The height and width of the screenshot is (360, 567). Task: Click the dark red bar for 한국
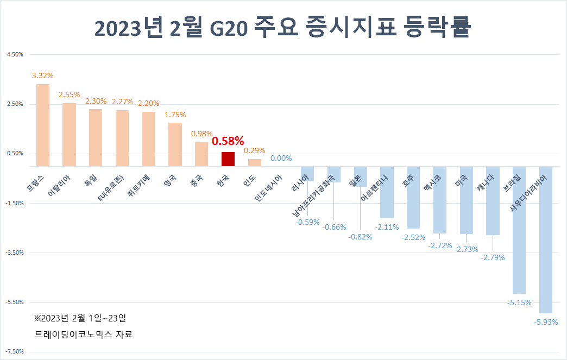click(228, 159)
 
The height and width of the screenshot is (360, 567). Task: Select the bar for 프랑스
click(43, 125)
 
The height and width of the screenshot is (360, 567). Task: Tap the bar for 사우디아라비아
click(546, 239)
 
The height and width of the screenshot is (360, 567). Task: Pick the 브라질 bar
click(519, 230)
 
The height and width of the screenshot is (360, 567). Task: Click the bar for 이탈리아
click(69, 135)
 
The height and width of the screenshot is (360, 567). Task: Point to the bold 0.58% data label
click(228, 141)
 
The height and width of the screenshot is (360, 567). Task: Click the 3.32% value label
click(43, 75)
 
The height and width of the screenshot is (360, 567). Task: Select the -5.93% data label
click(546, 322)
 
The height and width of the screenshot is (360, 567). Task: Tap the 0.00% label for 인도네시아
click(281, 158)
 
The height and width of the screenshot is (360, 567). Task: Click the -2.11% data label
click(387, 227)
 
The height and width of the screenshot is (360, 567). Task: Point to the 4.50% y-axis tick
click(15, 55)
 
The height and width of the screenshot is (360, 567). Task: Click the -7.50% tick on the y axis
click(14, 352)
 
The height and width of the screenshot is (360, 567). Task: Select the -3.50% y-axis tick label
click(14, 252)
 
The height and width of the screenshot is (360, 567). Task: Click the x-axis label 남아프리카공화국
click(313, 195)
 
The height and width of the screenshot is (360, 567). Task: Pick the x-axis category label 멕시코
click(432, 182)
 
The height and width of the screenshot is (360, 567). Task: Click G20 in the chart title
click(229, 28)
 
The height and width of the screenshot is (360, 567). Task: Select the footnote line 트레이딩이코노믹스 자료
click(84, 334)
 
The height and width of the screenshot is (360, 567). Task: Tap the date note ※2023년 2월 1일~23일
click(80, 318)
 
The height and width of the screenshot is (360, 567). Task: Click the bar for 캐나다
click(493, 200)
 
